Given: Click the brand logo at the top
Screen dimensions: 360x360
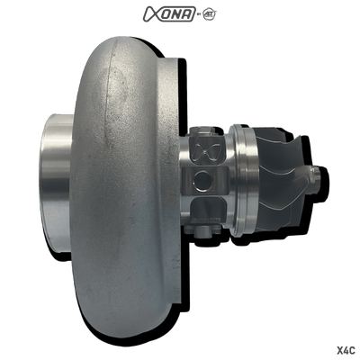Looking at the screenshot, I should point(180,12).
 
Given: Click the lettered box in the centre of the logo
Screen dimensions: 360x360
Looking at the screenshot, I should point(180,12).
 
